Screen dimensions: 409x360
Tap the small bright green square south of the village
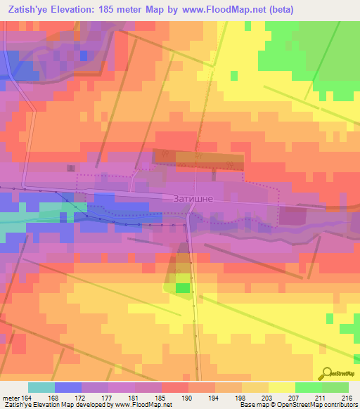click(x=182, y=288)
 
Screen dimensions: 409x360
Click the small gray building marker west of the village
click(x=71, y=168)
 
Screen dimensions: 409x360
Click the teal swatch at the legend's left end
click(x=41, y=387)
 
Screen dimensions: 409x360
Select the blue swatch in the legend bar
click(x=67, y=387)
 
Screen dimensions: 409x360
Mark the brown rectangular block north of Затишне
click(x=208, y=160)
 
